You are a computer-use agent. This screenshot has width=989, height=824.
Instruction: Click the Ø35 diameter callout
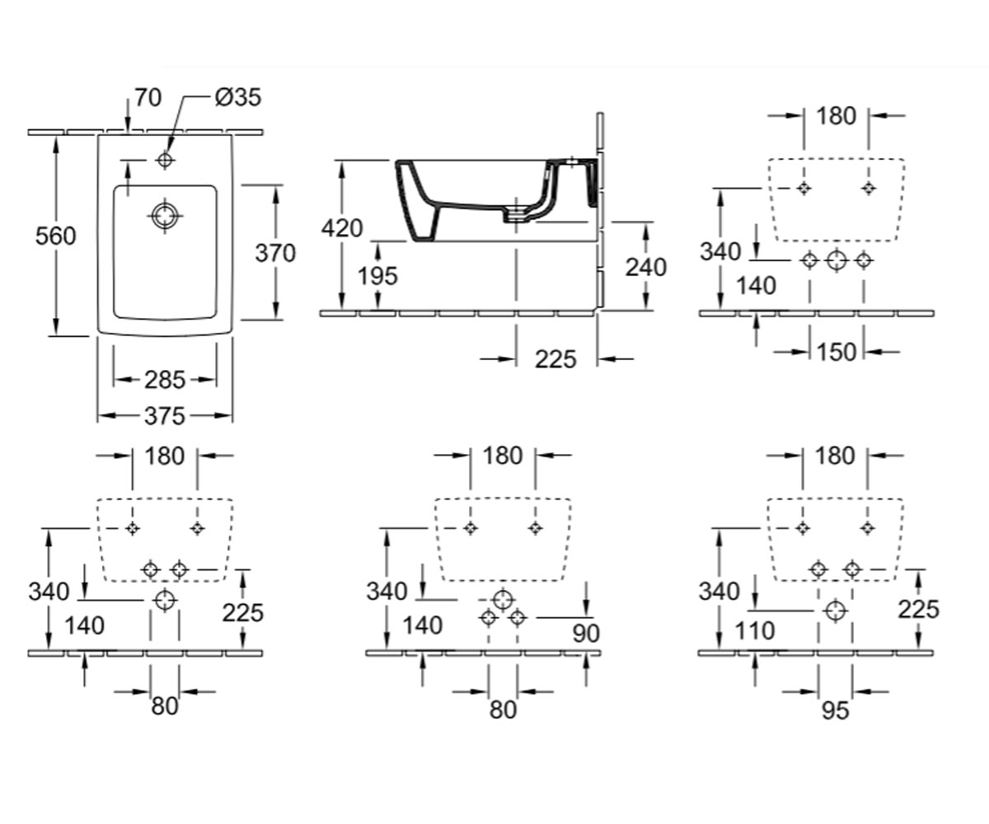238,97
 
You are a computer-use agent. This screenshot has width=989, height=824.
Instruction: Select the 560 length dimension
55,236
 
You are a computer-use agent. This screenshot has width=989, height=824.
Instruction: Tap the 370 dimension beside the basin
275,253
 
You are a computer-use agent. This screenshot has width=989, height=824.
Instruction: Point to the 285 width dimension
164,380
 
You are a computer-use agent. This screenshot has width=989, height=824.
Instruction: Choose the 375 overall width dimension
164,416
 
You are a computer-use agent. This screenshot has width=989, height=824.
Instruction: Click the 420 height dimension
342,228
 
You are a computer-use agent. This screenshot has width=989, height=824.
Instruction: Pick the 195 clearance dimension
377,275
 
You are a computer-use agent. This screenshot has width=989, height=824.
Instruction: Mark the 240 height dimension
646,268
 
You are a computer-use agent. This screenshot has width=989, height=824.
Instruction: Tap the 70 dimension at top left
148,97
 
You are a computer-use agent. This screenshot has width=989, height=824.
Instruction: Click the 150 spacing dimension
837,353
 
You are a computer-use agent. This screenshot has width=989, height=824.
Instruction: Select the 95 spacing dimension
836,710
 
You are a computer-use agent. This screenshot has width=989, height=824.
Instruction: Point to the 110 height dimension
755,631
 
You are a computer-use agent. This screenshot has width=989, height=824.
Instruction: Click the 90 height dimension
586,633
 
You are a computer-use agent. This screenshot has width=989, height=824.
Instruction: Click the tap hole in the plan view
165,160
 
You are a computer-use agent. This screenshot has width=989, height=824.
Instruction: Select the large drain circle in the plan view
165,216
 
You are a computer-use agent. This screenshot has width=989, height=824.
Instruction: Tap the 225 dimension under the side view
555,359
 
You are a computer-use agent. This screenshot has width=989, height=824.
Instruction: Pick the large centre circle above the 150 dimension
837,260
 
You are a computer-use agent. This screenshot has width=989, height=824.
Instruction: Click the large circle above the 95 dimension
836,611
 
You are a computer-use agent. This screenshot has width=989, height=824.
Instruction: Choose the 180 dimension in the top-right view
836,116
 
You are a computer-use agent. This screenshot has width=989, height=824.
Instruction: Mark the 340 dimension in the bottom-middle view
387,592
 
